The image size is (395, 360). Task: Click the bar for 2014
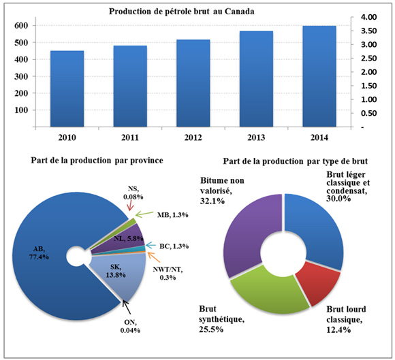[319, 76]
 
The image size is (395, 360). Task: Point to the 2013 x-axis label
[257, 138]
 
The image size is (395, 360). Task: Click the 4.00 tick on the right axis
[368, 16]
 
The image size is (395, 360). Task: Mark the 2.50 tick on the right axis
[368, 59]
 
